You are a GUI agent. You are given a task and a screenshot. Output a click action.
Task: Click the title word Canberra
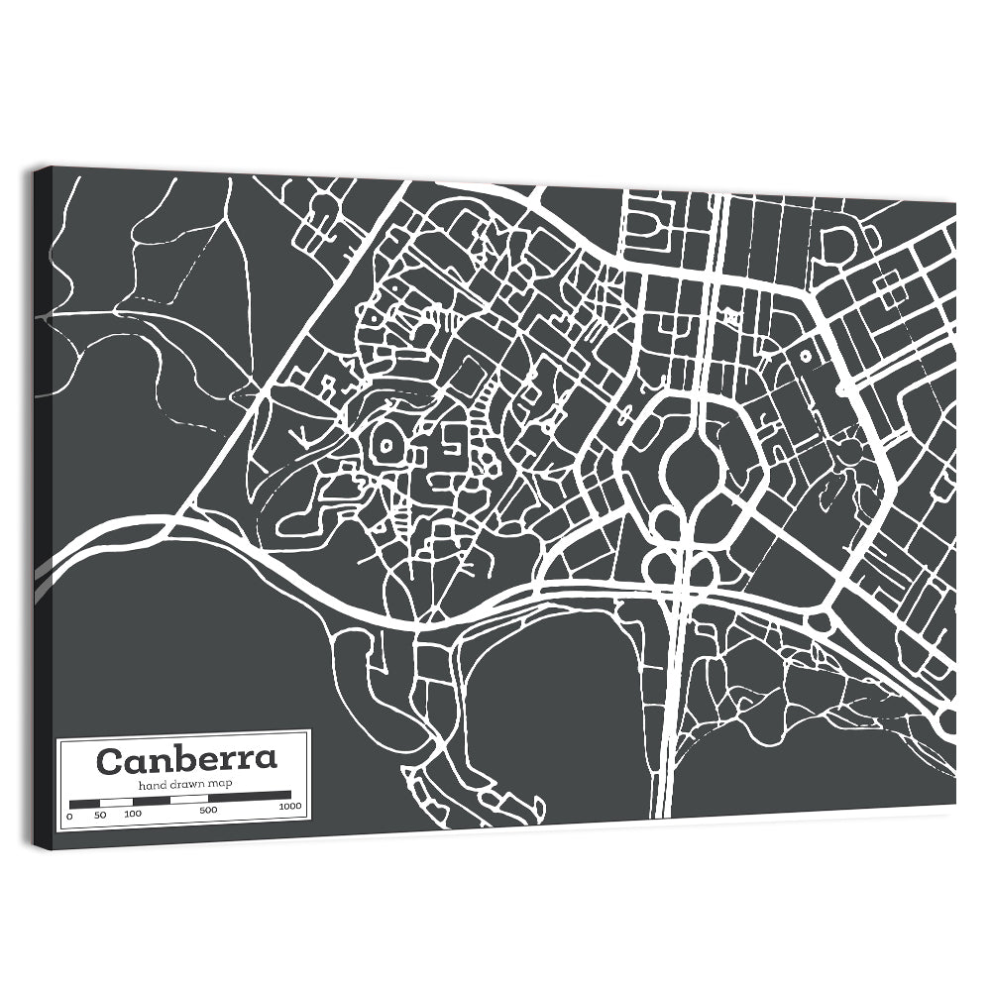pos(186,761)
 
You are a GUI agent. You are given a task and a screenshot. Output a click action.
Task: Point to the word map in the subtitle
pos(221,785)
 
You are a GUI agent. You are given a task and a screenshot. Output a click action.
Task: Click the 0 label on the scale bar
pos(69,816)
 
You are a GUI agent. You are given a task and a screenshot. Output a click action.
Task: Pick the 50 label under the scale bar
pos(99,815)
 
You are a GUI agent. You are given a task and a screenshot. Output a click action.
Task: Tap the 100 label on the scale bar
pos(133,814)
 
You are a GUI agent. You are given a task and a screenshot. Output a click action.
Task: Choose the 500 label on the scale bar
pos(208,811)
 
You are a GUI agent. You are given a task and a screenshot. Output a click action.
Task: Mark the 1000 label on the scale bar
pos(290,807)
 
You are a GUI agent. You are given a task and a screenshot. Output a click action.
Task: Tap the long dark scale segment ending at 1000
pos(249,795)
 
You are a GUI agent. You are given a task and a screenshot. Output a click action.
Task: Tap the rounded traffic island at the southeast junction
pos(820,622)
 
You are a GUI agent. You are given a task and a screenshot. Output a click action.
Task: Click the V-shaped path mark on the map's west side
pos(296,434)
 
